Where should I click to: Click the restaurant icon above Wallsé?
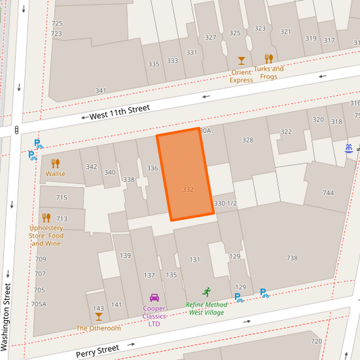point(55,163)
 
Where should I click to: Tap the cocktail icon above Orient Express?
point(242,61)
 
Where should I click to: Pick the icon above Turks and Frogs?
point(269,58)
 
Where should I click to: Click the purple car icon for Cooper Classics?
point(154,298)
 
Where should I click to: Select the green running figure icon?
point(207,292)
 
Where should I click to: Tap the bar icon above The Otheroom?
point(99,317)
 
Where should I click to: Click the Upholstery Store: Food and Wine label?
point(46,236)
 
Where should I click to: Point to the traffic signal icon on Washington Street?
point(16,130)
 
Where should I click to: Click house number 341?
point(101,91)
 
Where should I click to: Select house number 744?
point(328,193)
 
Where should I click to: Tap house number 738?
point(292,258)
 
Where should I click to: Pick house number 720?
point(316,342)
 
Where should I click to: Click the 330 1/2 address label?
point(225,203)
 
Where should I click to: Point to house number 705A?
point(40,304)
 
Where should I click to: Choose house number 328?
point(248,140)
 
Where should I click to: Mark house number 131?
point(195,260)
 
